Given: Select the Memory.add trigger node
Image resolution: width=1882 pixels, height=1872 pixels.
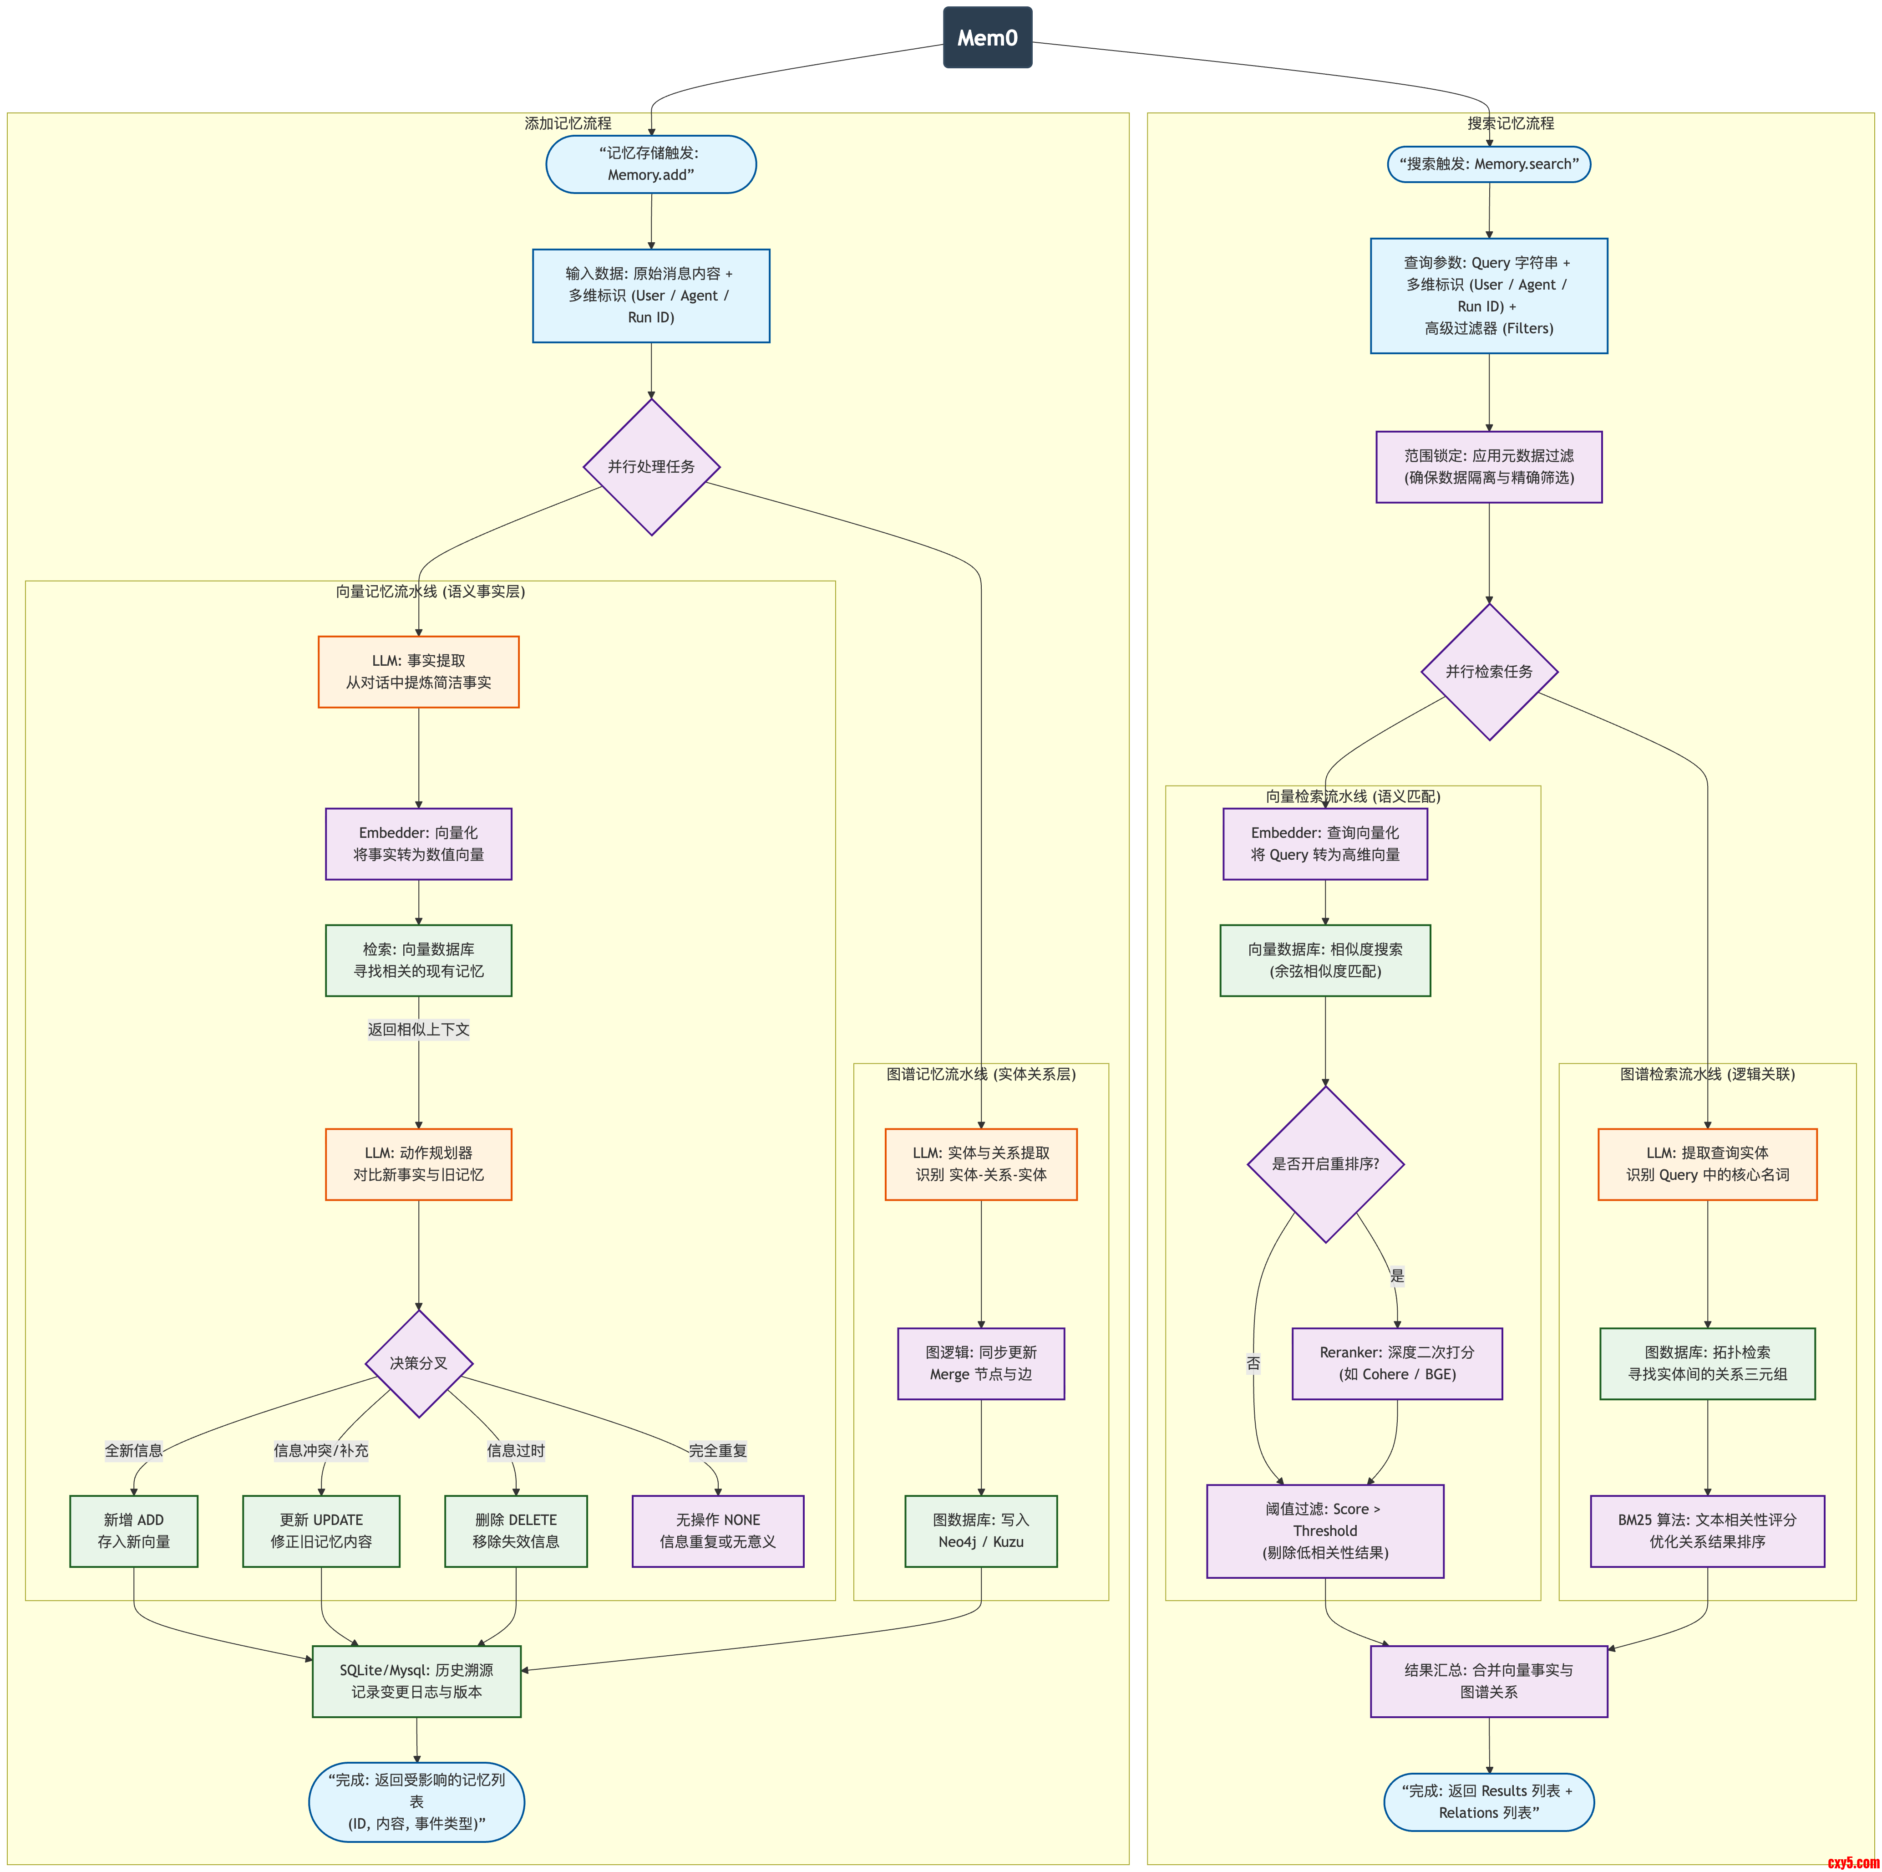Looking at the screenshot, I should point(651,164).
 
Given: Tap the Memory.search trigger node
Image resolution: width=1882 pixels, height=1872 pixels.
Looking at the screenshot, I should point(1488,164).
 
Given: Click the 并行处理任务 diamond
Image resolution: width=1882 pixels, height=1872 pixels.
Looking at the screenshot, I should point(651,467).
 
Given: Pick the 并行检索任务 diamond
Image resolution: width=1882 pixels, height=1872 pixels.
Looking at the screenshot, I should point(1488,671).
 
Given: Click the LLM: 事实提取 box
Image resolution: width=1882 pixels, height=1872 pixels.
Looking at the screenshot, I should point(418,671).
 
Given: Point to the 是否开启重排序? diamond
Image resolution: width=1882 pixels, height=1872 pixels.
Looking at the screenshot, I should point(1325,1163).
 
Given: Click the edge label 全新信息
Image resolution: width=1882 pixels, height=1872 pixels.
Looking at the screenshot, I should point(133,1450).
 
